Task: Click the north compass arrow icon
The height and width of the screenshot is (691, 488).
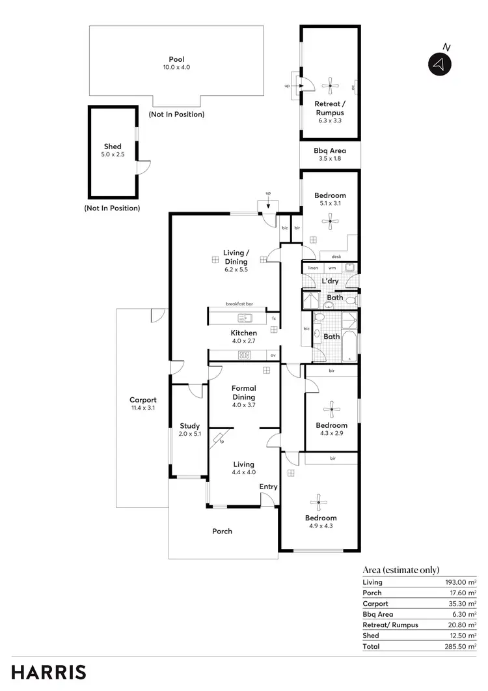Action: point(439,64)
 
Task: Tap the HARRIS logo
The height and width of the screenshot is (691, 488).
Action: point(49,671)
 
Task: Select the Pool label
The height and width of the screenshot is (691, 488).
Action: point(176,59)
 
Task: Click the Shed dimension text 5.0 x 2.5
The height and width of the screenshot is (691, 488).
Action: point(113,156)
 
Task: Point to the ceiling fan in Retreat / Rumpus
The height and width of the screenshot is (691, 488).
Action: point(330,83)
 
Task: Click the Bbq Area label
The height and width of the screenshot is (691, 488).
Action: point(330,150)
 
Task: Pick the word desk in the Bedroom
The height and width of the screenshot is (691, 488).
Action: point(336,257)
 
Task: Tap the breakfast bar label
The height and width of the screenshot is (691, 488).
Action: point(239,304)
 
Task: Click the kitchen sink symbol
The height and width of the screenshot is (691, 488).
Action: point(245,318)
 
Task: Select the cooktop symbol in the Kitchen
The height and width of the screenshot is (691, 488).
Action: point(245,355)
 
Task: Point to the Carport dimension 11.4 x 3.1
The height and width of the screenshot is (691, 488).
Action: point(143,408)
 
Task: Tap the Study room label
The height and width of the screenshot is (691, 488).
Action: point(190,426)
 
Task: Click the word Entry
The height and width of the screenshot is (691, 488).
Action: point(268,487)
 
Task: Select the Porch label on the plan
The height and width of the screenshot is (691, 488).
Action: point(223,531)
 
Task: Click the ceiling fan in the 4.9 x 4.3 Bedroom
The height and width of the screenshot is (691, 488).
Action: point(319,501)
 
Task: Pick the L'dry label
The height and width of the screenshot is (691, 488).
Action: point(331,281)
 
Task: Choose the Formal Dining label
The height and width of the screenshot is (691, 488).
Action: point(244,393)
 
